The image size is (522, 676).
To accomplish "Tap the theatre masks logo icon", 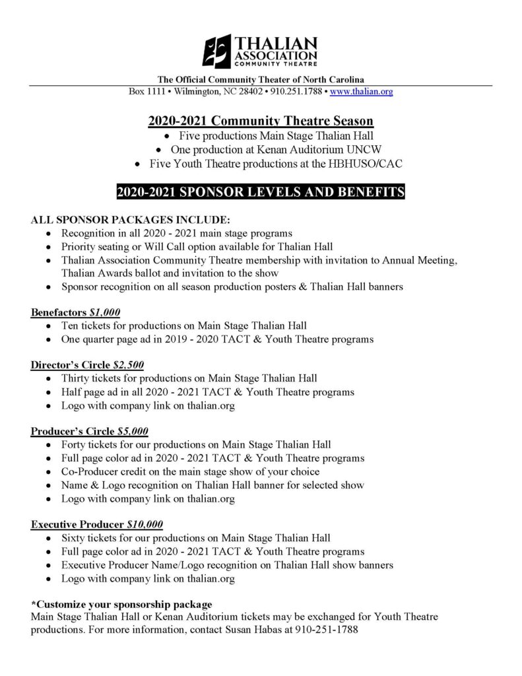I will point(216,51).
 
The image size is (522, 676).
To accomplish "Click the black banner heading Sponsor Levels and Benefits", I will point(261,193).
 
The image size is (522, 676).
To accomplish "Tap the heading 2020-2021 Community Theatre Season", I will point(261,121).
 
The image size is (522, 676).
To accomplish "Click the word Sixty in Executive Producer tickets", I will point(74,538).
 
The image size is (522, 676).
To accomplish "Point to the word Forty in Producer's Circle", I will point(74,444).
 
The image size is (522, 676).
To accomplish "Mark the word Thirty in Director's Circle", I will point(76,378).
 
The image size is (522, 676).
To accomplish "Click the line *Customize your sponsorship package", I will point(122,604).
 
